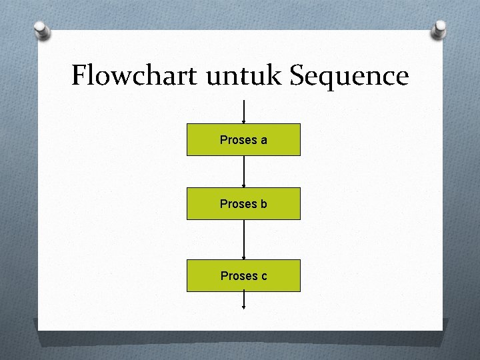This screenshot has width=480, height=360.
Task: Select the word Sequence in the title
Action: (349, 77)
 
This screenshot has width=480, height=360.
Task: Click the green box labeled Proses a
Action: (243, 139)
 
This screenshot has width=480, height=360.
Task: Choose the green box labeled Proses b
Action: (243, 203)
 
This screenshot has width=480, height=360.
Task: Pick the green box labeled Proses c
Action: (243, 275)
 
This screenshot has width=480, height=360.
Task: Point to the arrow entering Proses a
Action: (245, 112)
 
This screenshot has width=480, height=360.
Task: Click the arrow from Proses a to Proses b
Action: (245, 171)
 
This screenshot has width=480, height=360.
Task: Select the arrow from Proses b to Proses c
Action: (245, 239)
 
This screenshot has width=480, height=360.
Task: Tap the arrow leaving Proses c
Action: (245, 301)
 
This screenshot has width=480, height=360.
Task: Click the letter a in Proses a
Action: (264, 140)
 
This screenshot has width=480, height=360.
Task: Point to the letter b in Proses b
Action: (264, 204)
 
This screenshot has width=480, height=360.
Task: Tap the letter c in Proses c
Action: (264, 276)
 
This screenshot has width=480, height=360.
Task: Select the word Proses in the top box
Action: (238, 140)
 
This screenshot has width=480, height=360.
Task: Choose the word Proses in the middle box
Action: (238, 204)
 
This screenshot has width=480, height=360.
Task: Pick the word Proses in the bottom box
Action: (238, 276)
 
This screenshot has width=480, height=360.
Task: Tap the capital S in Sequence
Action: (297, 76)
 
